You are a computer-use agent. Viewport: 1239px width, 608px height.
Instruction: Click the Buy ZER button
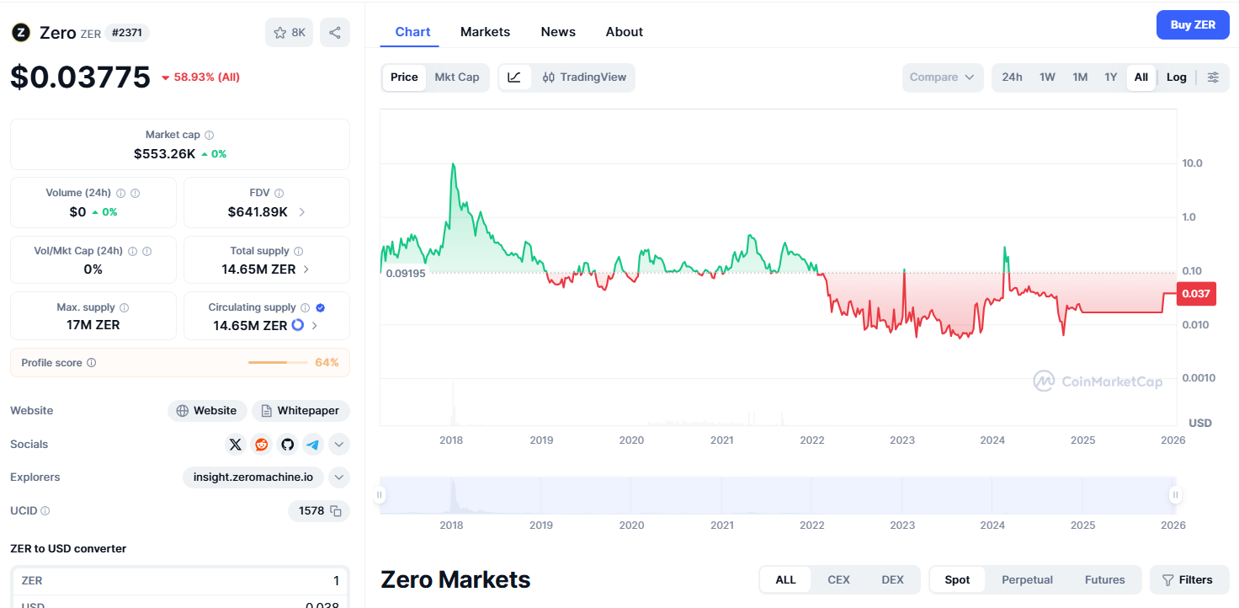pos(1192,25)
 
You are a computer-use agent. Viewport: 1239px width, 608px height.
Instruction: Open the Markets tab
pos(485,32)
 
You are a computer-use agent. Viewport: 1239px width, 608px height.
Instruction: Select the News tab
pos(558,32)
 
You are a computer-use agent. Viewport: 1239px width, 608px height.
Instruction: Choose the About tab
pos(624,32)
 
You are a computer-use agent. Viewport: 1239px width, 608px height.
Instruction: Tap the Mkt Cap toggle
pos(456,77)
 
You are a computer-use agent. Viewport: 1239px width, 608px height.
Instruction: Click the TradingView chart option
pos(584,77)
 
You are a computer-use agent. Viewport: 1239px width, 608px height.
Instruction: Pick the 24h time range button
pos(1012,77)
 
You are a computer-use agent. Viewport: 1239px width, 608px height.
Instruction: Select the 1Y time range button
pos(1110,77)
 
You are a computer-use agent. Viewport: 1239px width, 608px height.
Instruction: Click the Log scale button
pos(1176,77)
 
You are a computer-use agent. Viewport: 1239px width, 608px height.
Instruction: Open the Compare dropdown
pos(942,77)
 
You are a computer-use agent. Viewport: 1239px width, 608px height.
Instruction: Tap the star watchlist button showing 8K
pos(290,33)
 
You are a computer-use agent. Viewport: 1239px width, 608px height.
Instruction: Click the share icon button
pos(335,33)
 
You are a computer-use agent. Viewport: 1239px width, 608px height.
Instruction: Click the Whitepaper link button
pos(300,411)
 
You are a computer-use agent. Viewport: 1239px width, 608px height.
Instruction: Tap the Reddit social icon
pos(262,445)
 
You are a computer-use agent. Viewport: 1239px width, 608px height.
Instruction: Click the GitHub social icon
pos(288,445)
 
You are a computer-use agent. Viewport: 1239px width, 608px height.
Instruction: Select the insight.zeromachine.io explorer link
pos(253,477)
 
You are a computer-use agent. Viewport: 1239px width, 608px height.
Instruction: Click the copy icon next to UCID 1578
pos(336,511)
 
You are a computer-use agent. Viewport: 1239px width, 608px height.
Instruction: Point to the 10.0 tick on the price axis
pos(1192,163)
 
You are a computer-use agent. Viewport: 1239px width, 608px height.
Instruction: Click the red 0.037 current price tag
pos(1195,294)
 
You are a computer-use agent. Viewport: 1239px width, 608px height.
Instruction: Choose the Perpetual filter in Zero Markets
pos(1027,580)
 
